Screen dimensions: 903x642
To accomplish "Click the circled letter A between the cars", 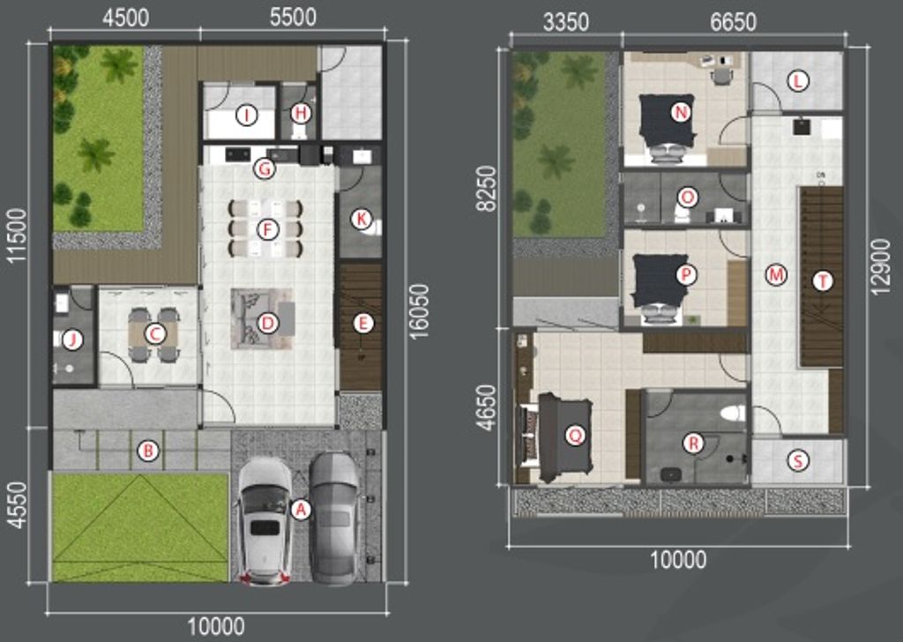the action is (301, 509).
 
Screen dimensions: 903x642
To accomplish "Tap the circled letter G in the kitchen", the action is (265, 168).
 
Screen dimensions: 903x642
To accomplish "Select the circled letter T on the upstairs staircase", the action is (823, 281).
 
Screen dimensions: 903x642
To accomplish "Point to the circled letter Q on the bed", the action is (574, 437).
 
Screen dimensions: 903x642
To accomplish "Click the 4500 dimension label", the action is (125, 18).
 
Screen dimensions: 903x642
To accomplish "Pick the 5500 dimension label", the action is (293, 18).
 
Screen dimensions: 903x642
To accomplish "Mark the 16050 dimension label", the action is (421, 311).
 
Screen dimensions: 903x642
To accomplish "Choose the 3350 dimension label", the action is (566, 22).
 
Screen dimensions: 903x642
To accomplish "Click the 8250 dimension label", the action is (487, 189).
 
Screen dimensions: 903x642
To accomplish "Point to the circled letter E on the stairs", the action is (362, 324).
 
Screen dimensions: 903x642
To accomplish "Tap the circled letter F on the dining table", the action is (266, 230).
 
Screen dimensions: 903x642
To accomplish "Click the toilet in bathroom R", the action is (734, 413).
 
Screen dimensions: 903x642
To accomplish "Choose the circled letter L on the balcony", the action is (797, 81).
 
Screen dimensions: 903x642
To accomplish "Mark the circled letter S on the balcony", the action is (797, 460).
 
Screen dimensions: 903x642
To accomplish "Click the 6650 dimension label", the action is (733, 22).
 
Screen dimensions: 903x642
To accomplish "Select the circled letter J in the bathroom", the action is (72, 340).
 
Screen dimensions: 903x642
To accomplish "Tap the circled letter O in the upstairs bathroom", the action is (686, 198).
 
